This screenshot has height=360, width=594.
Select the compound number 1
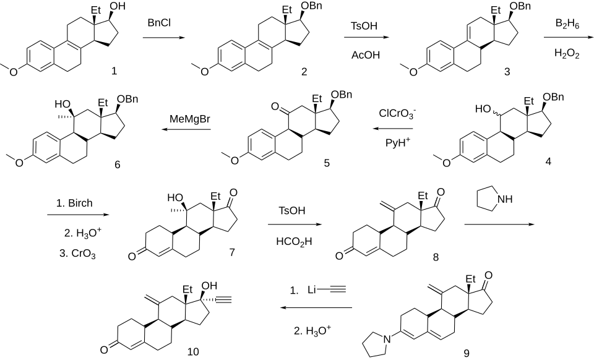[x=114, y=72]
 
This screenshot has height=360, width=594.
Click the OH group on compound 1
[x=116, y=8]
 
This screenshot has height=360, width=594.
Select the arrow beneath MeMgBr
[x=186, y=130]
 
